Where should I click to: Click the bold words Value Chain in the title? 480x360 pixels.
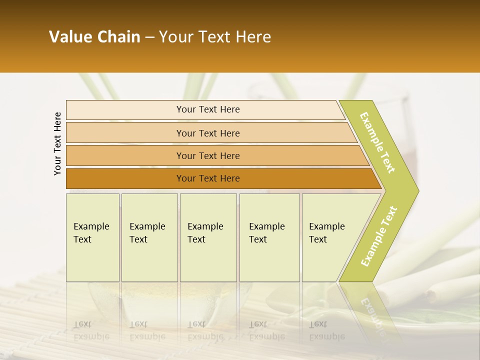click(94, 37)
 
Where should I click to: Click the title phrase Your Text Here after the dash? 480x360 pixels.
click(215, 37)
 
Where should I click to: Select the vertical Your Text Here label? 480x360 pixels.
click(57, 143)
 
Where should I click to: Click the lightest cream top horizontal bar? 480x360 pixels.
click(207, 109)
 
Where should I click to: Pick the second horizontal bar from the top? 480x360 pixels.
click(207, 133)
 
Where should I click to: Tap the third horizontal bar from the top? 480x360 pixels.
click(207, 155)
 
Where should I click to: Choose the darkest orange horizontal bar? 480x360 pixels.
click(207, 178)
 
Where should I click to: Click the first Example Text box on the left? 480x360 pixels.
click(92, 237)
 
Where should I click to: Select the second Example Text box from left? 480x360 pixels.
click(149, 237)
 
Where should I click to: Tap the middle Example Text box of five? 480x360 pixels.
click(208, 237)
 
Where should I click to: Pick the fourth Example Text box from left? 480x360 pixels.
click(269, 237)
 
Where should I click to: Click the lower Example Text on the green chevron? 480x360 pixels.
click(379, 236)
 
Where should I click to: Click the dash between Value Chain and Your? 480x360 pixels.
click(149, 37)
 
